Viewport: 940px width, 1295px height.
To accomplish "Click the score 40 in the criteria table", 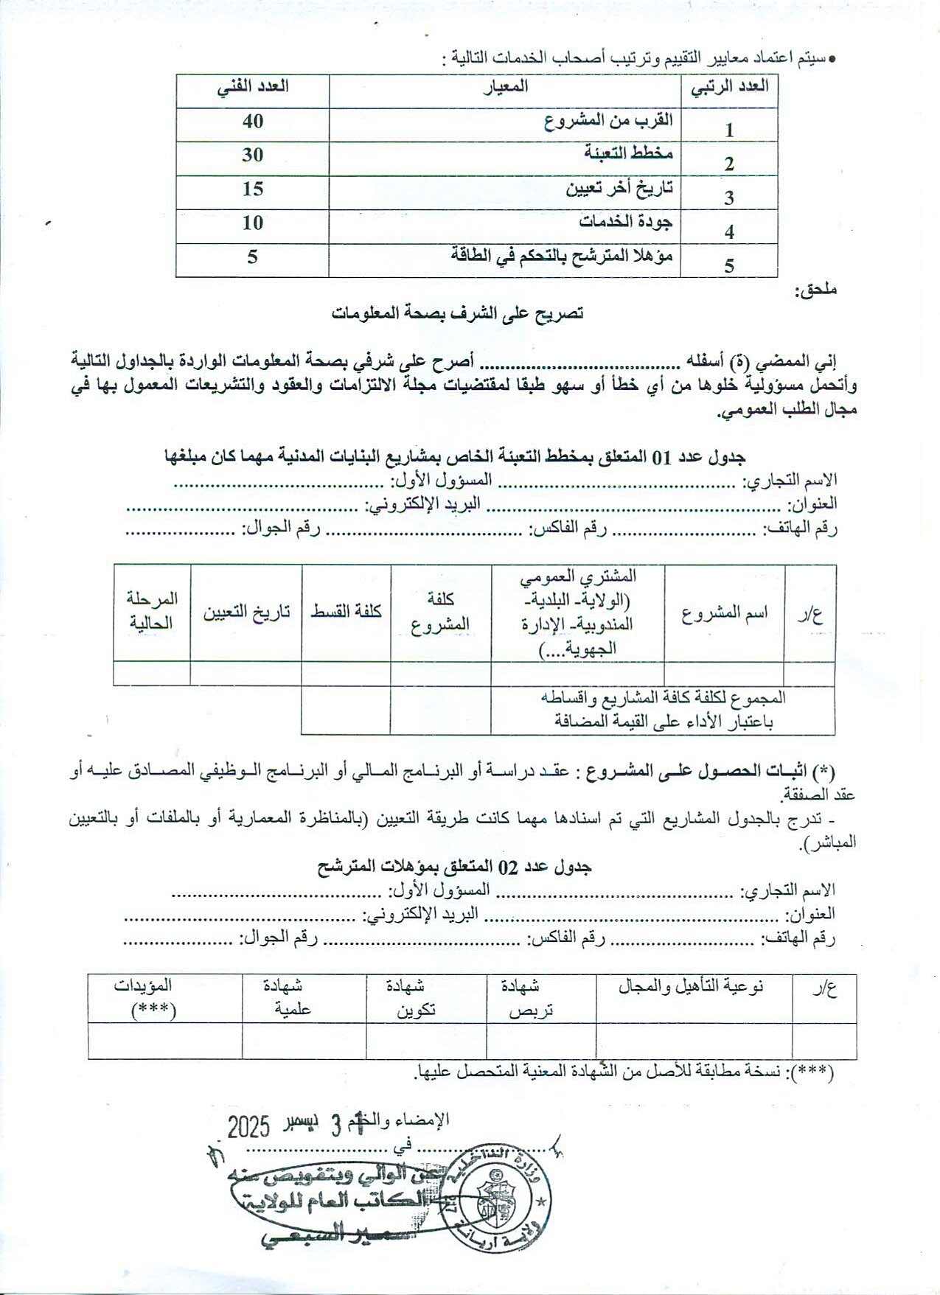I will pyautogui.click(x=252, y=121).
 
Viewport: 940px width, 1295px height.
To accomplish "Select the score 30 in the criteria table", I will pyautogui.click(x=252, y=155).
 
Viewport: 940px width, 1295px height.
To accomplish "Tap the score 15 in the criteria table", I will pyautogui.click(x=252, y=189).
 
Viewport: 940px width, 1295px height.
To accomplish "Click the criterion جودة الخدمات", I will pyautogui.click(x=627, y=221).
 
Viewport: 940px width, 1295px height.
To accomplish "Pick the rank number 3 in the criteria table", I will pyautogui.click(x=729, y=198).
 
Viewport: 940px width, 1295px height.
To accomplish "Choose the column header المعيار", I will pyautogui.click(x=506, y=86).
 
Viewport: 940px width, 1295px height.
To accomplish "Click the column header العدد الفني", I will pyautogui.click(x=252, y=86).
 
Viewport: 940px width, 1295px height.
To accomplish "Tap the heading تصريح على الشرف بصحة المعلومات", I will pyautogui.click(x=457, y=313).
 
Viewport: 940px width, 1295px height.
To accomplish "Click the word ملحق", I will pyautogui.click(x=815, y=290).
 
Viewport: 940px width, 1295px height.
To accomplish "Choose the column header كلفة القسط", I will pyautogui.click(x=347, y=612).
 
